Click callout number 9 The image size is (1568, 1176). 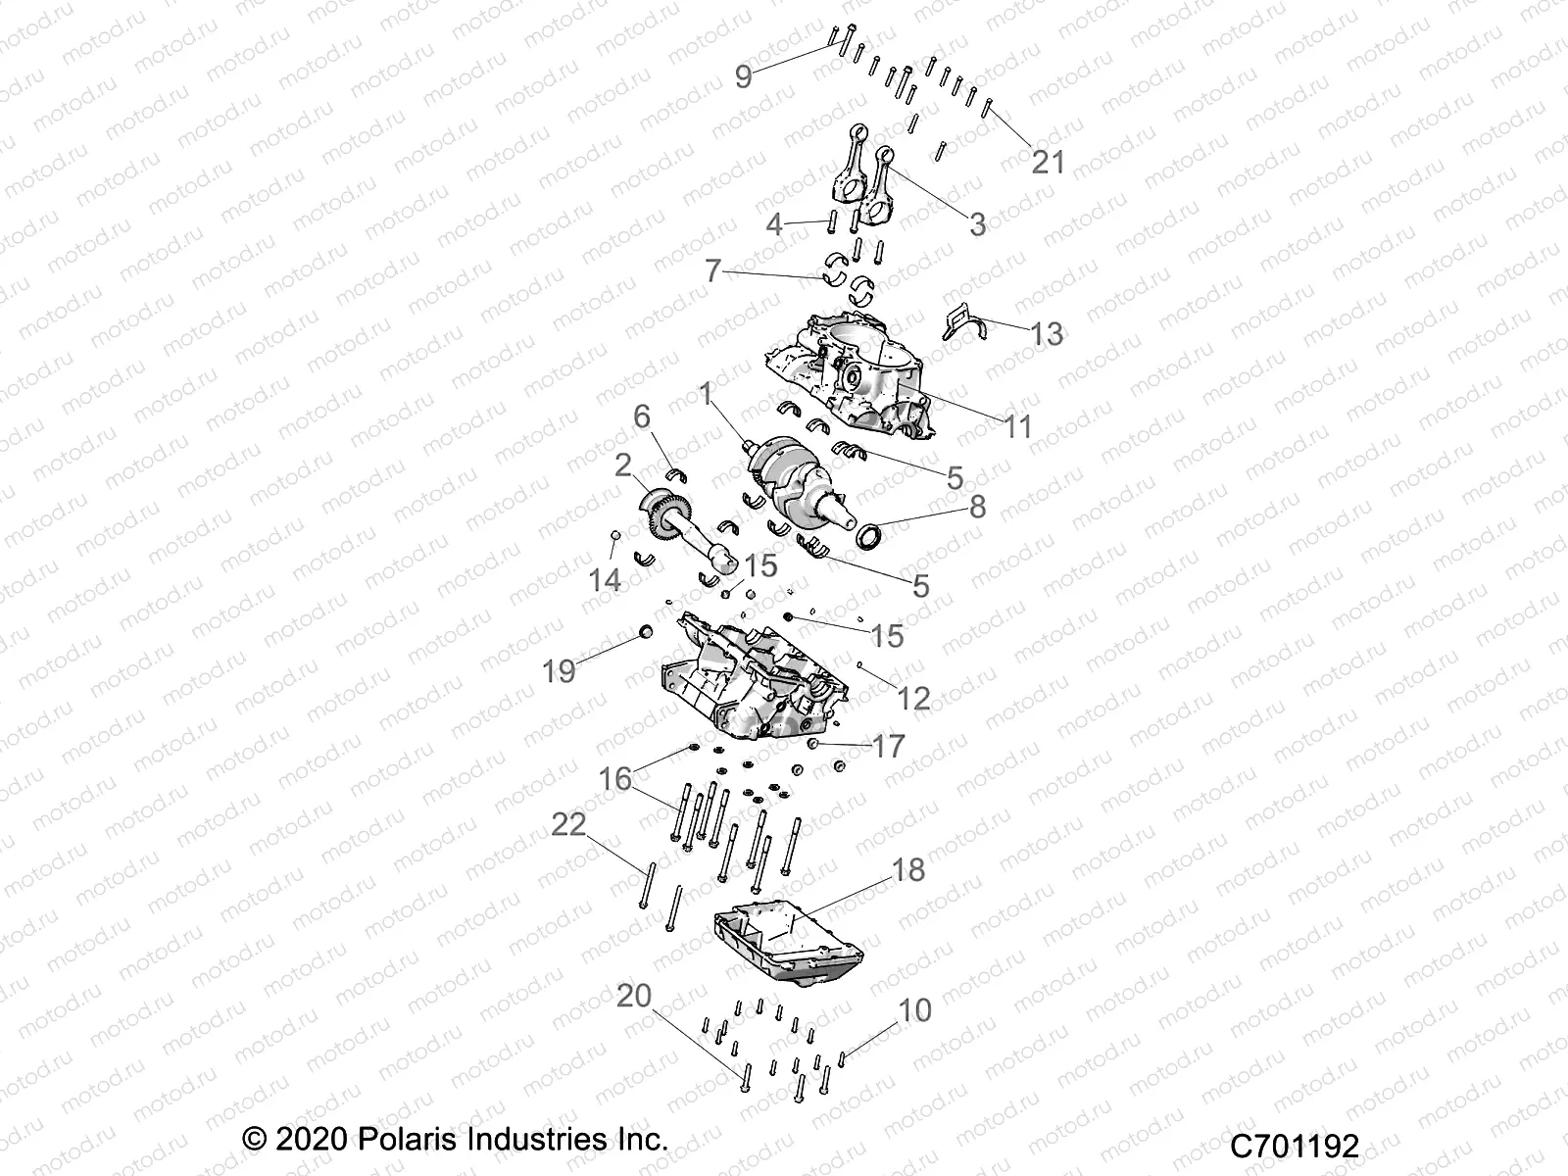743,75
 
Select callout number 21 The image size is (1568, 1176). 1048,161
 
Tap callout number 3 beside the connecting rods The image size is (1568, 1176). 977,223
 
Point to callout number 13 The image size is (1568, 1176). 1047,333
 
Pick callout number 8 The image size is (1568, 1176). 977,507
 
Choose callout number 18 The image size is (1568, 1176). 908,869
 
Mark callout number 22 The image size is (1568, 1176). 568,824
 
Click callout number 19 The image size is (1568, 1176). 559,671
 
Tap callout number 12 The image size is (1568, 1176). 913,698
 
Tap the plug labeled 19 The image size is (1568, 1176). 646,630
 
